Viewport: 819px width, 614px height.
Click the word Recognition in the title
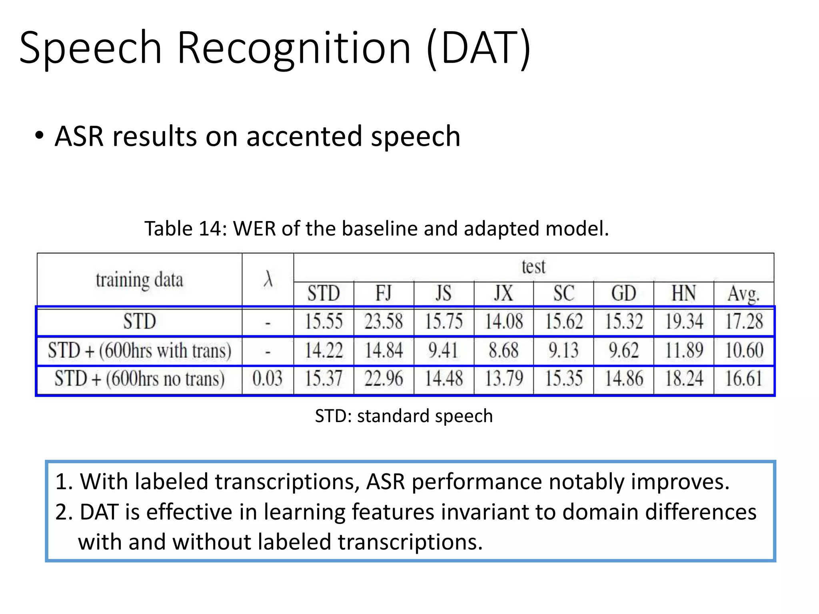[x=294, y=49]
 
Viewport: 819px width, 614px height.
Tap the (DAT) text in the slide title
[x=479, y=49]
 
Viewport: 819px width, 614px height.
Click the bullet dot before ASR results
[x=39, y=136]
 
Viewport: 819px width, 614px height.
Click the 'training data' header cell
[x=139, y=279]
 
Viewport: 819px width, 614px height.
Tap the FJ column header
[x=384, y=293]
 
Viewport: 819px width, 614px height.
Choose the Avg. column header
[x=743, y=294]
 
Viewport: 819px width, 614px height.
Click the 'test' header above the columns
[x=533, y=267]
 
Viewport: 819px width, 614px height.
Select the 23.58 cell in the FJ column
[x=384, y=321]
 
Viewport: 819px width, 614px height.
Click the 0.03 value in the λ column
[x=268, y=379]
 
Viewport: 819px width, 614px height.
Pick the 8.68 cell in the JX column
[x=503, y=350]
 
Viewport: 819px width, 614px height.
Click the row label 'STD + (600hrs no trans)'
[x=139, y=379]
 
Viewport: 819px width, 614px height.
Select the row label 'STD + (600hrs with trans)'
[x=139, y=351]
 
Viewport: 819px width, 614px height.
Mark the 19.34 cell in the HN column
[x=684, y=321]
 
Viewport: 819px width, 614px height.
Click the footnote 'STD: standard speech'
[x=404, y=416]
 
